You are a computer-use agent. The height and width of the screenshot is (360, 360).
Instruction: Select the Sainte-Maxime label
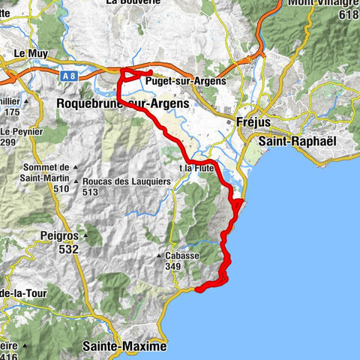coord(123,347)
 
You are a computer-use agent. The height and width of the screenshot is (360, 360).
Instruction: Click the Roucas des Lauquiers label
coord(124,180)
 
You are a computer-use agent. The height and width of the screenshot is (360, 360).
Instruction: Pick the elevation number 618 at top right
coord(349,13)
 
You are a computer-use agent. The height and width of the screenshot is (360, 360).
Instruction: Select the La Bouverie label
coord(133,2)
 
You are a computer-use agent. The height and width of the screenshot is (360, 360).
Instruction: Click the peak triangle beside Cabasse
coord(159,256)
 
